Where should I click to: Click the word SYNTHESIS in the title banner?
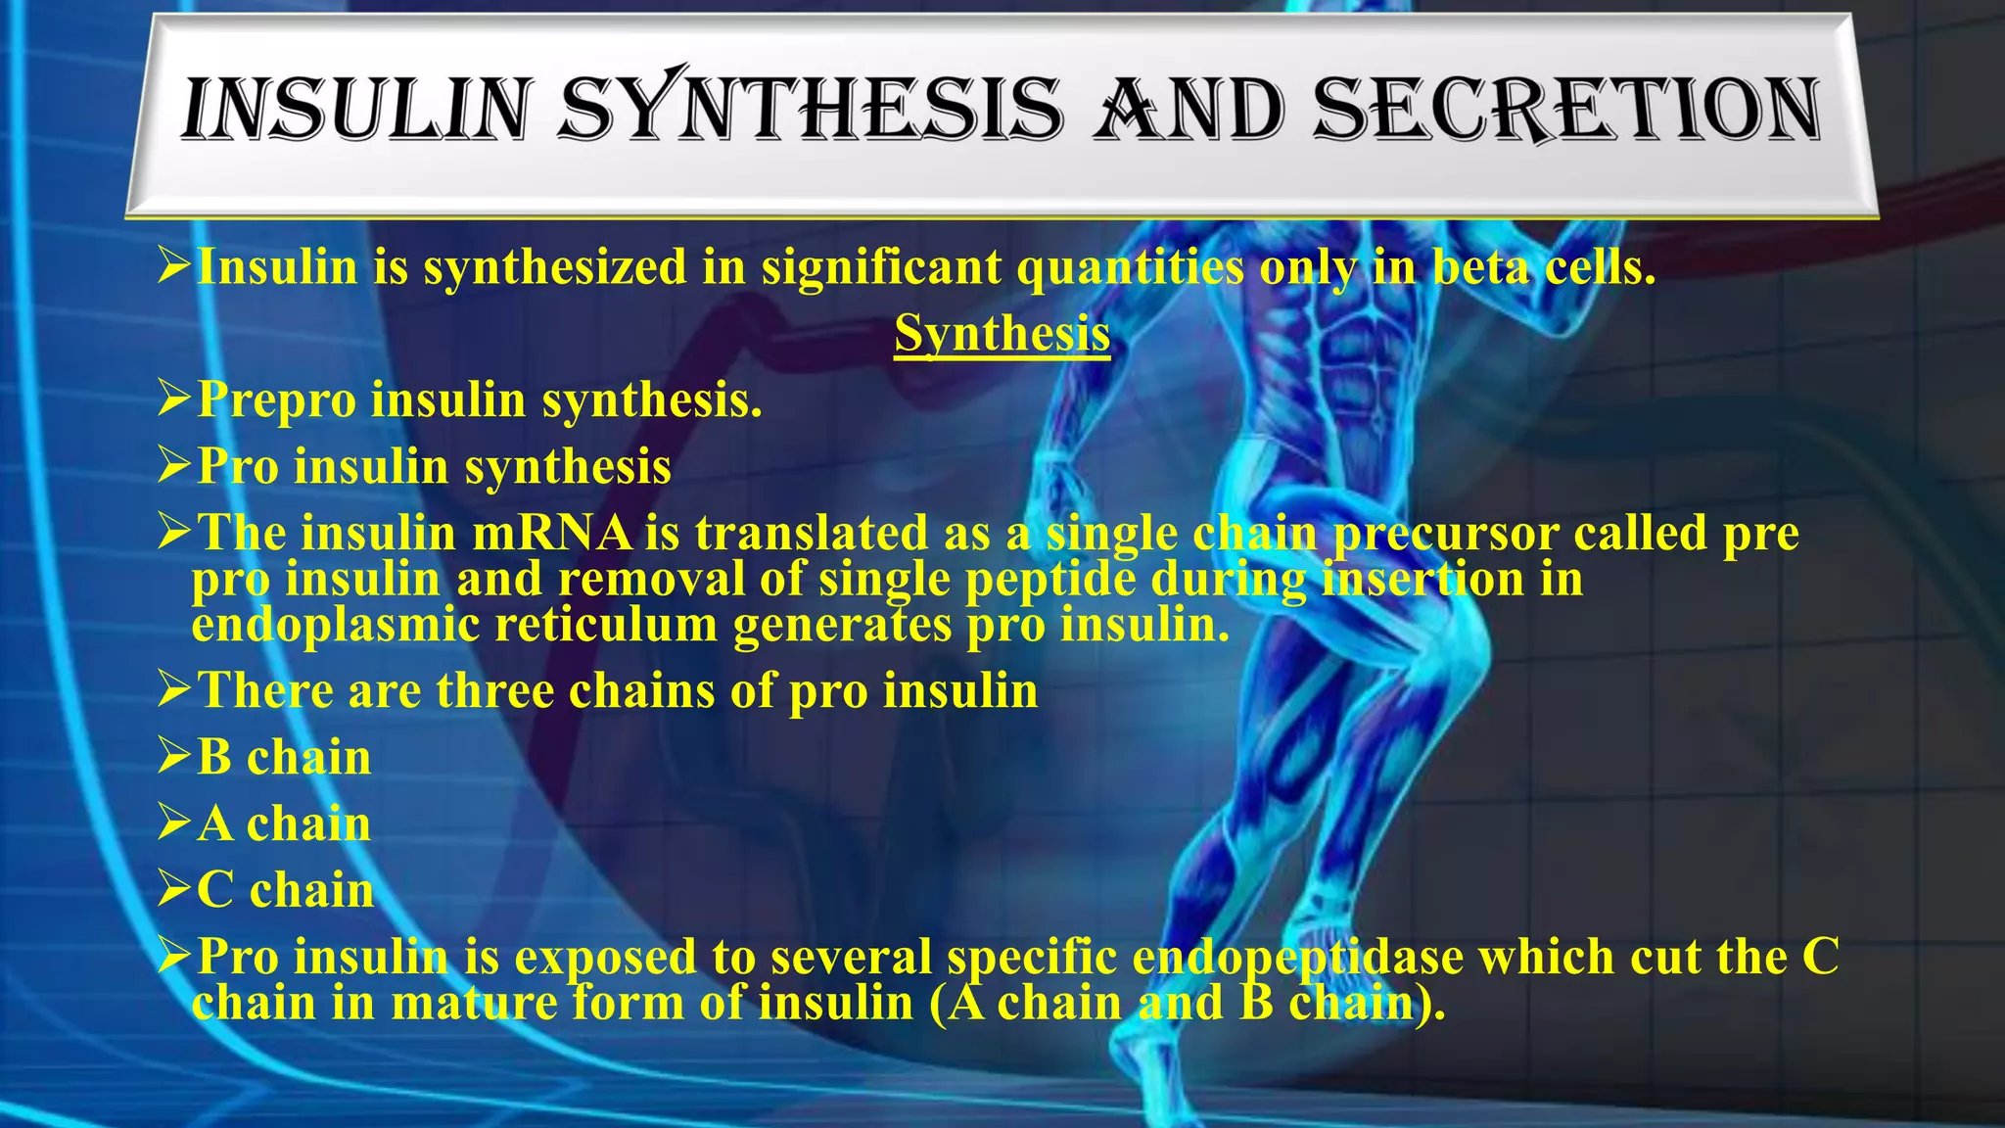811,110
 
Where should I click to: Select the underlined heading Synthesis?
1002,333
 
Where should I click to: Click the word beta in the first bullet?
1481,267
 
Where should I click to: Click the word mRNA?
553,534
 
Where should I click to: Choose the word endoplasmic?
335,626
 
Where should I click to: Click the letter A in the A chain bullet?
215,824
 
